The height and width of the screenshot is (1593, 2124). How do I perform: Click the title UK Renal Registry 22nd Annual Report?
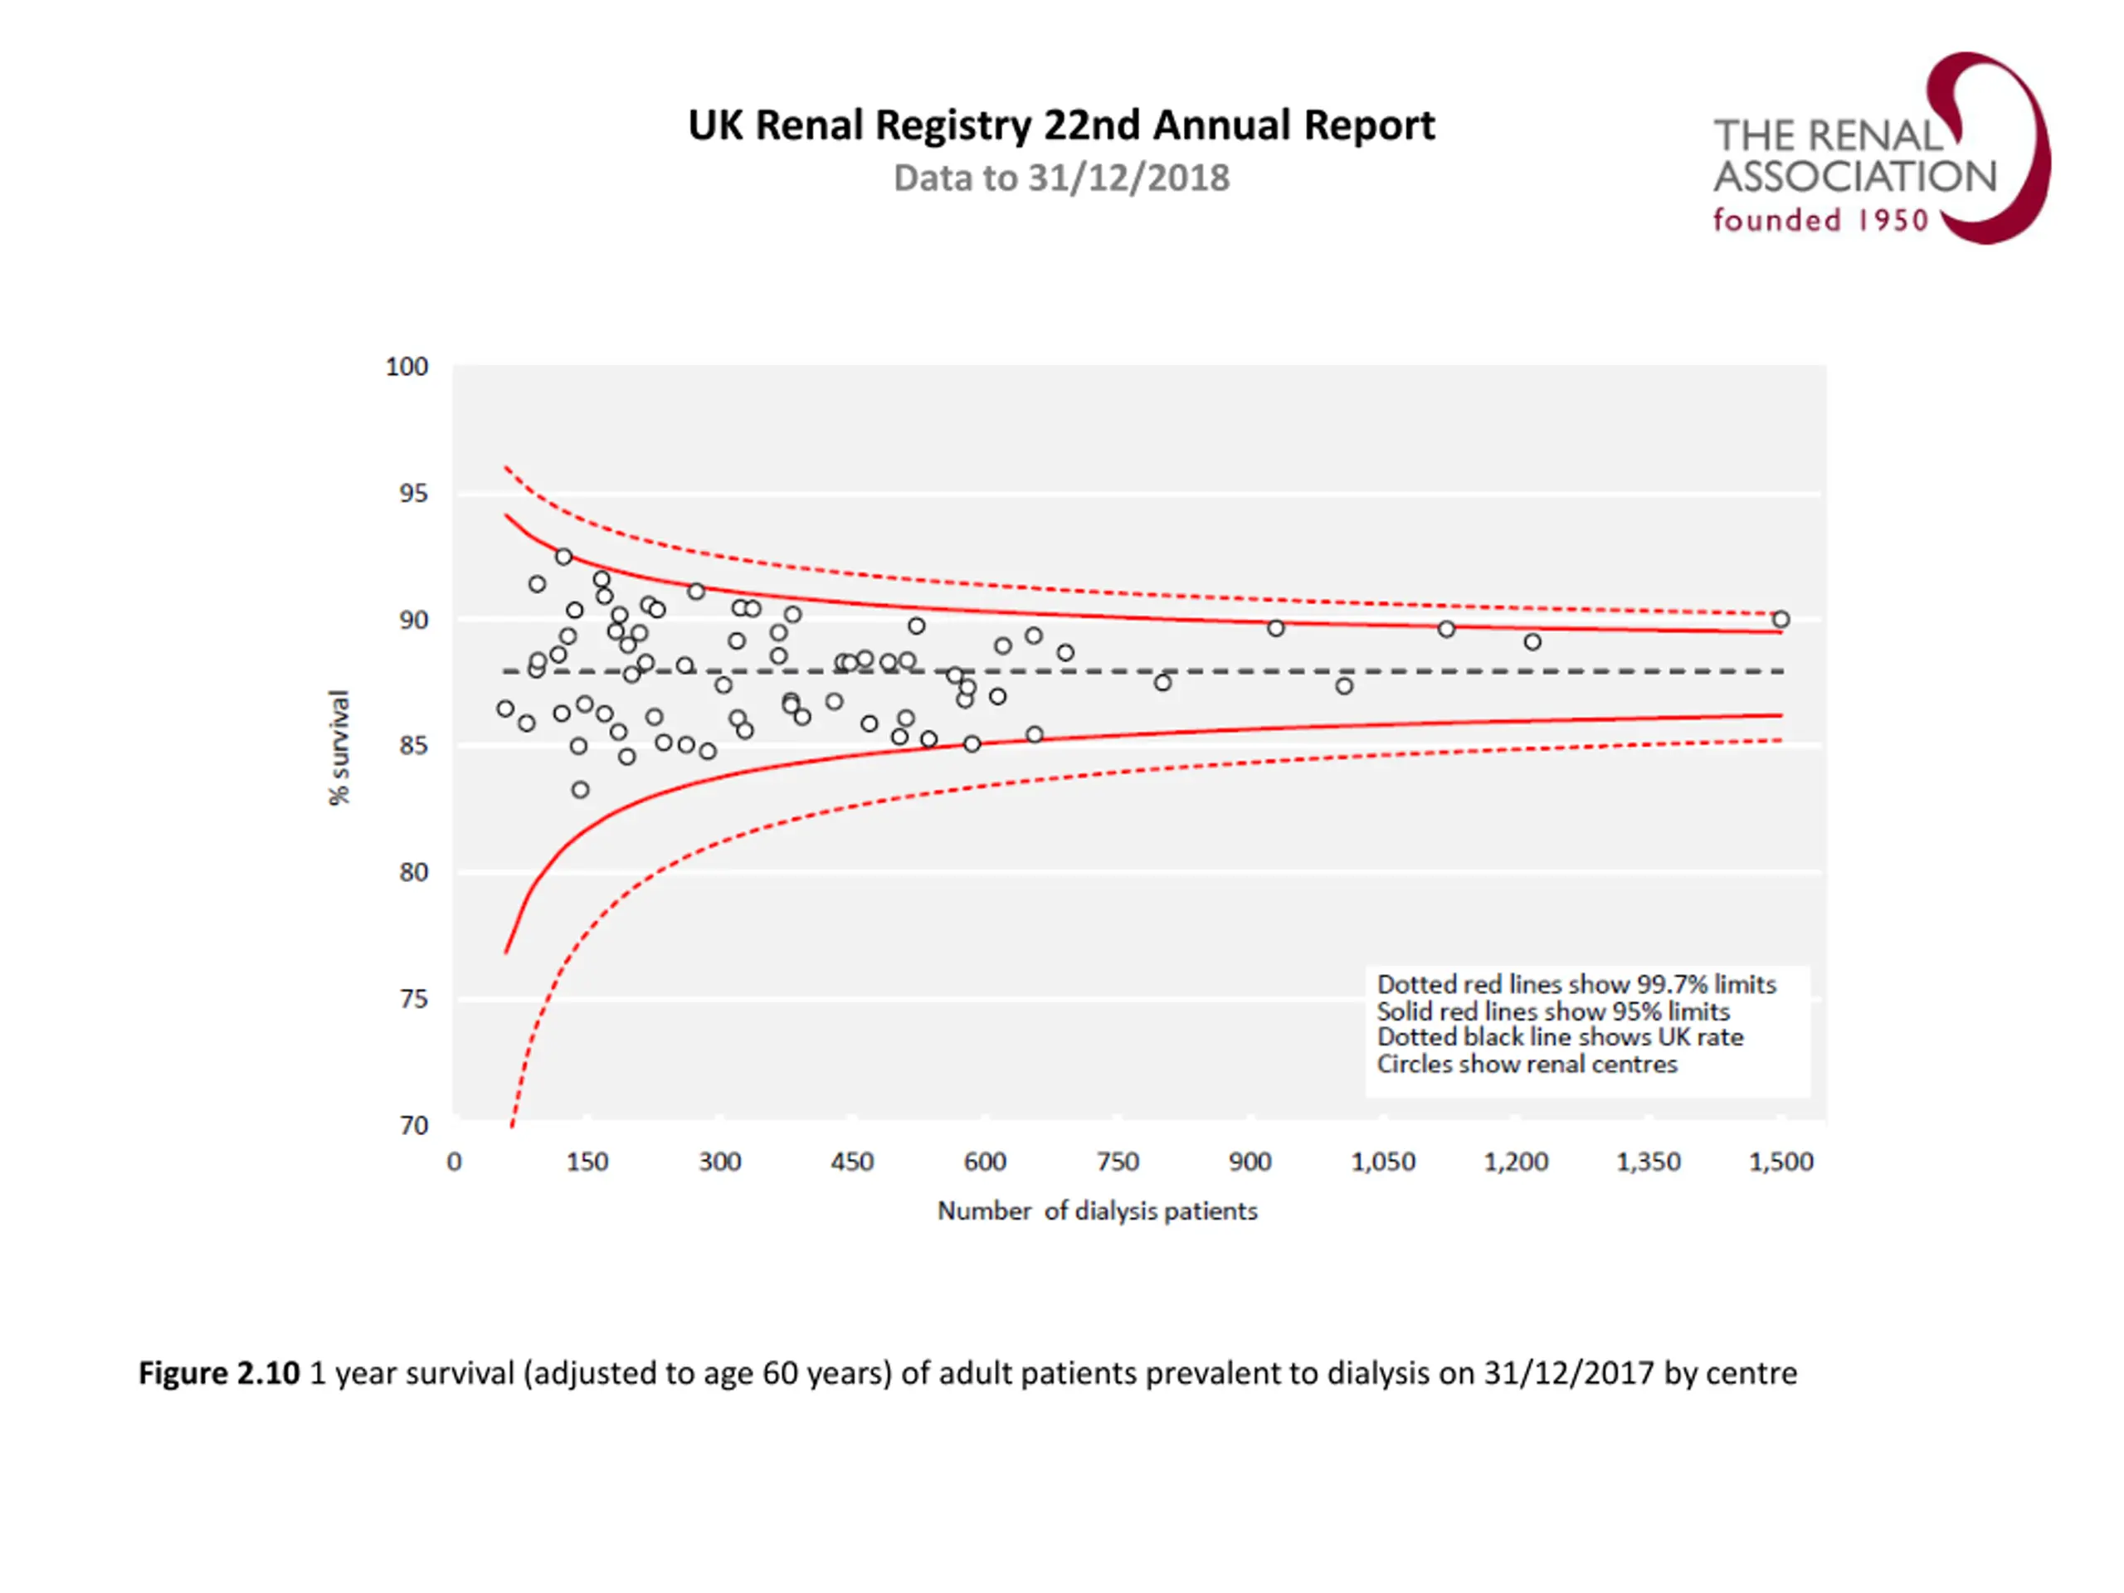pos(1061,126)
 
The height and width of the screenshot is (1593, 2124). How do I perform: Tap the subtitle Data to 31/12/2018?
pos(1061,178)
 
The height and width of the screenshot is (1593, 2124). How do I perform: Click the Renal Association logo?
pos(1880,149)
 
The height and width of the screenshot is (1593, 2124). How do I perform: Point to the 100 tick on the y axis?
pos(407,367)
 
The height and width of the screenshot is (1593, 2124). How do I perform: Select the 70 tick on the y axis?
pos(414,1124)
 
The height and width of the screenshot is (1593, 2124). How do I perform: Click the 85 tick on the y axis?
pos(414,746)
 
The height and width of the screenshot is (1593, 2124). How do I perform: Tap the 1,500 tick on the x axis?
pos(1781,1162)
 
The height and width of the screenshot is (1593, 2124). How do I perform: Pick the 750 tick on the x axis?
pos(1118,1162)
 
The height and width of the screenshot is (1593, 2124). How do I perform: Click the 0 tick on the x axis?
pos(454,1162)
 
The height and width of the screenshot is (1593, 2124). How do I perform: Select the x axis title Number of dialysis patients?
pos(1097,1211)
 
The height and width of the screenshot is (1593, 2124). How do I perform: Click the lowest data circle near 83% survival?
pos(580,790)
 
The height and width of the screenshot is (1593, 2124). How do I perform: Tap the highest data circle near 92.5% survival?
pos(563,557)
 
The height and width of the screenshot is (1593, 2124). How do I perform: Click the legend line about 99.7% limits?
pos(1576,984)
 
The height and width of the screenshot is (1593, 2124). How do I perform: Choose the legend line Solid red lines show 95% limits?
pos(1552,1011)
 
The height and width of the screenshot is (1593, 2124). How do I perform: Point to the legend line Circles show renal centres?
pos(1527,1064)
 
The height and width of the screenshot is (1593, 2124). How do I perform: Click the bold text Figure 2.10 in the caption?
pos(219,1373)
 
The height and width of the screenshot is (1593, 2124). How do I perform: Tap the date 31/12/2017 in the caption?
pos(1569,1373)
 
